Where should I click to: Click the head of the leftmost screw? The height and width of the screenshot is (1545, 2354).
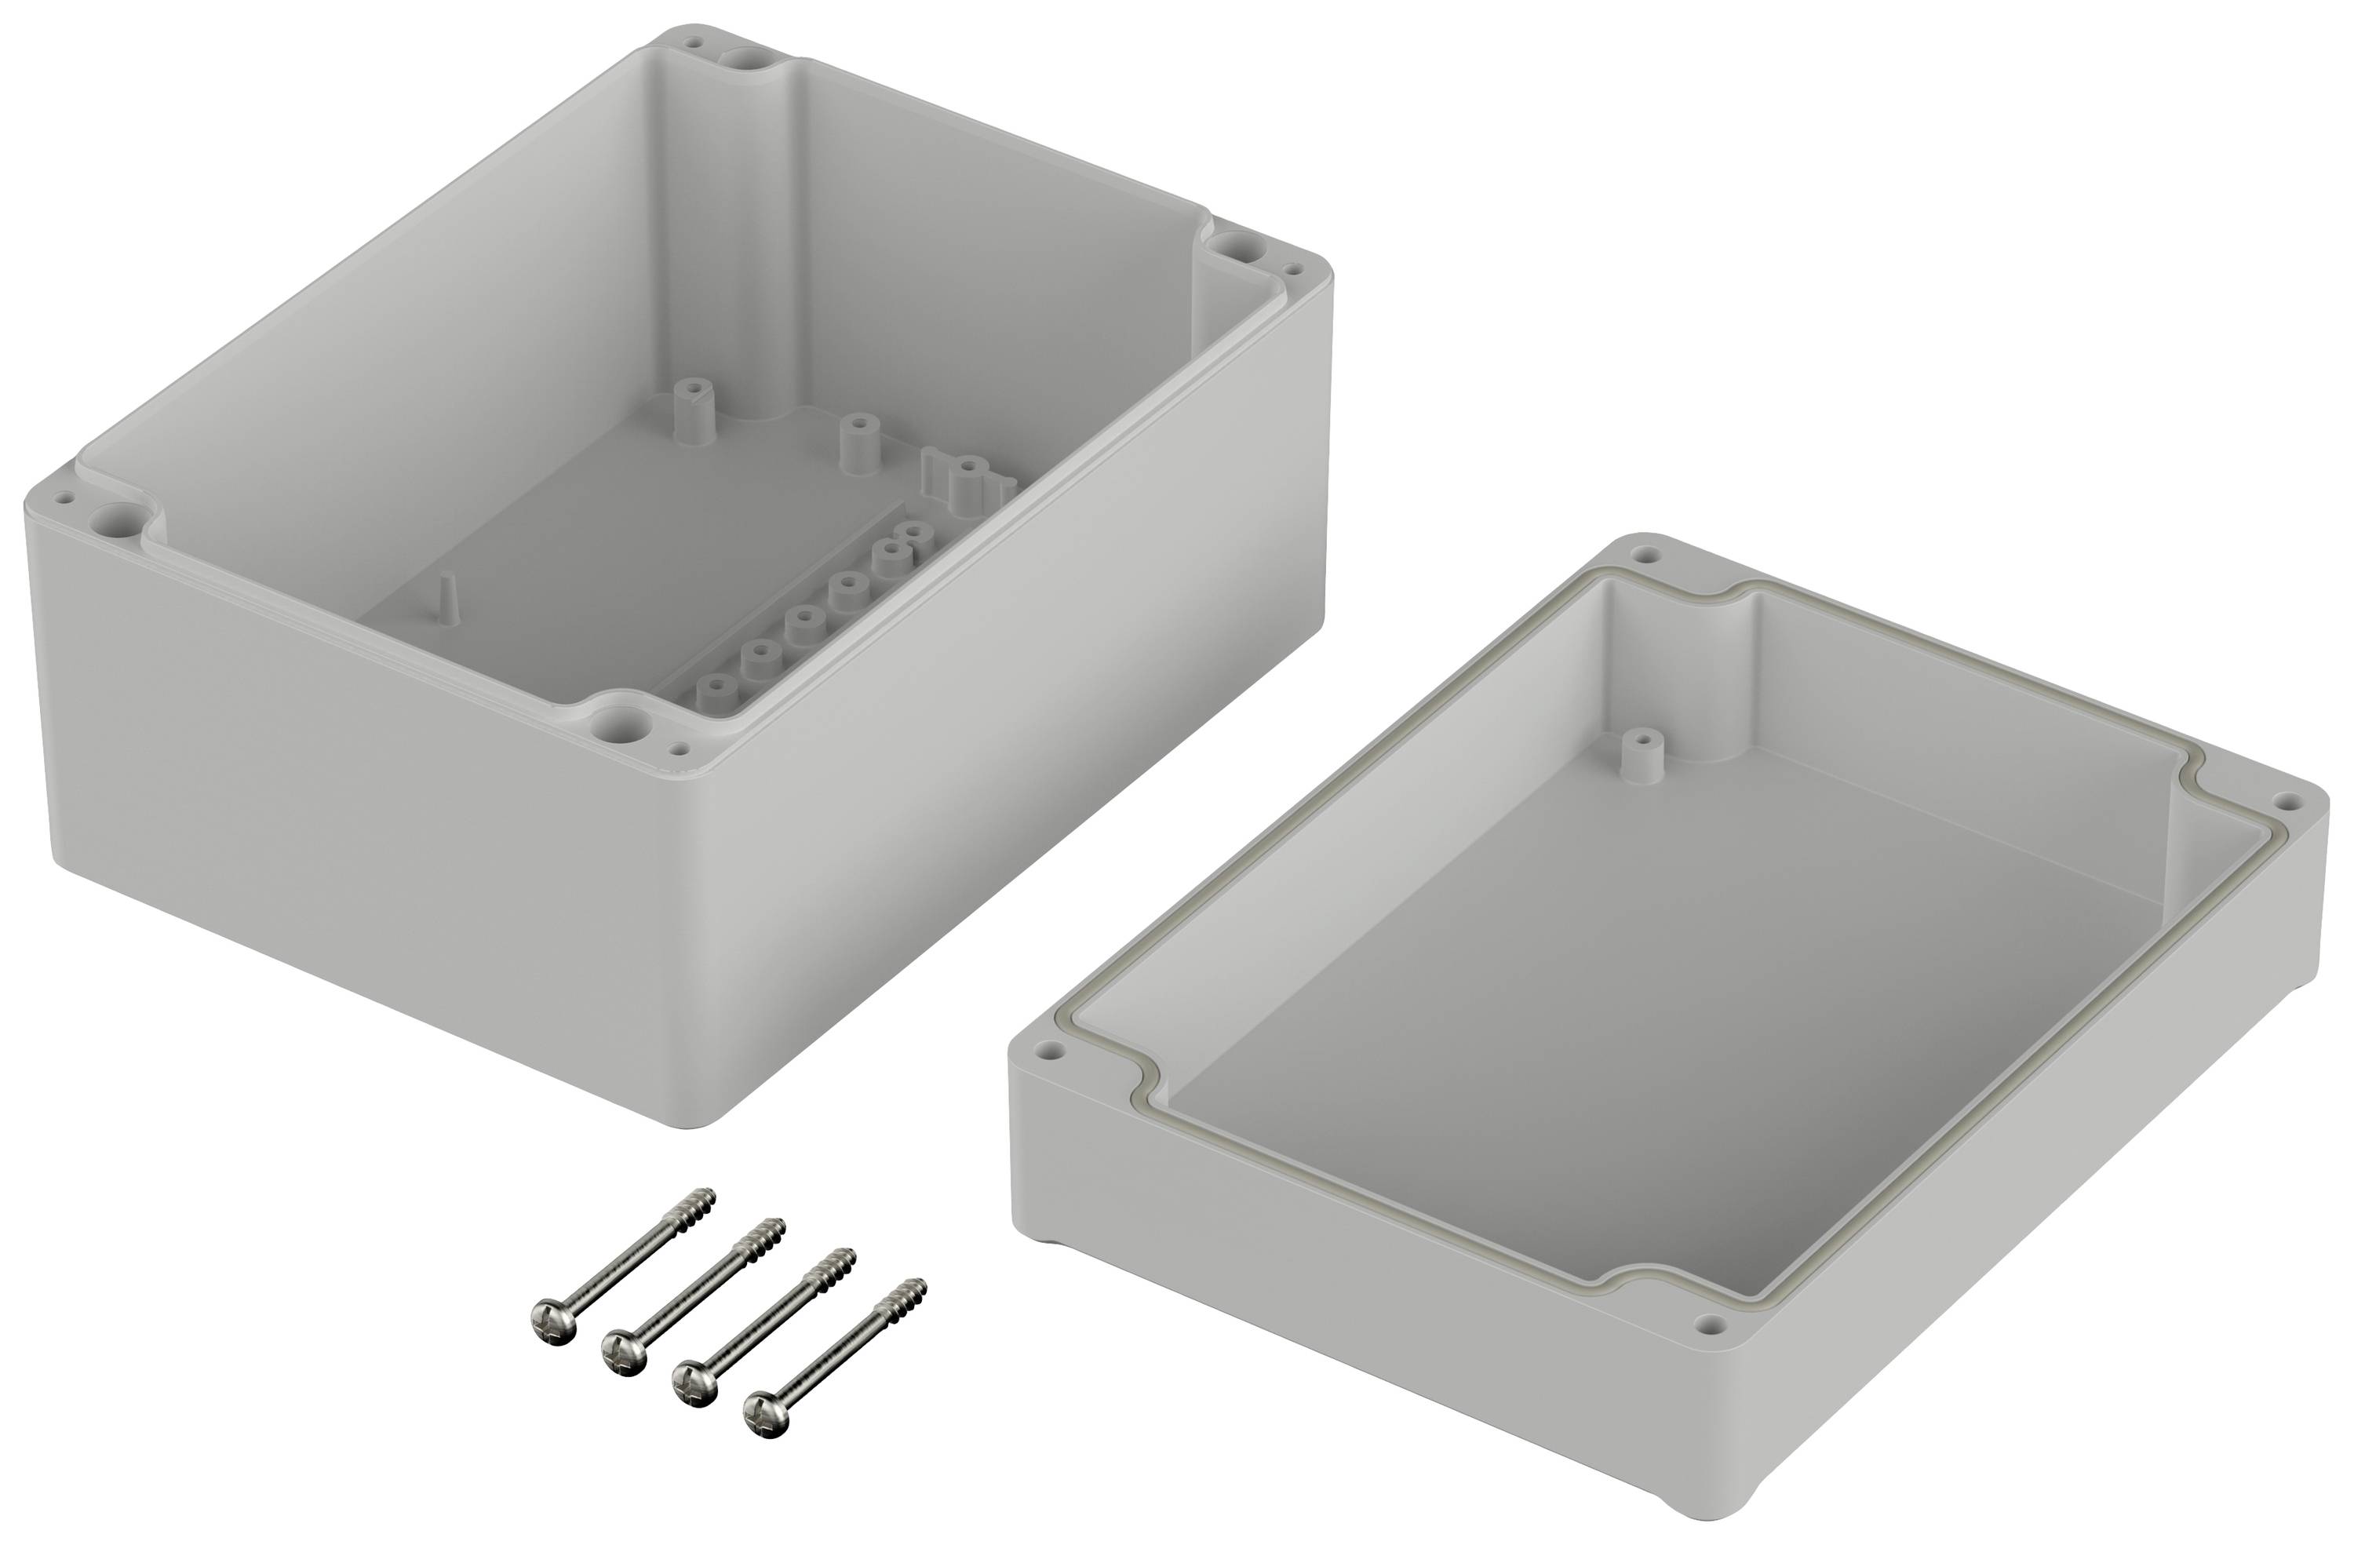click(x=550, y=1321)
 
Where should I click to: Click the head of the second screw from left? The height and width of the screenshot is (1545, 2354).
click(x=621, y=1351)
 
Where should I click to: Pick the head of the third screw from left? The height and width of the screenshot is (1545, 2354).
click(x=692, y=1381)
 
